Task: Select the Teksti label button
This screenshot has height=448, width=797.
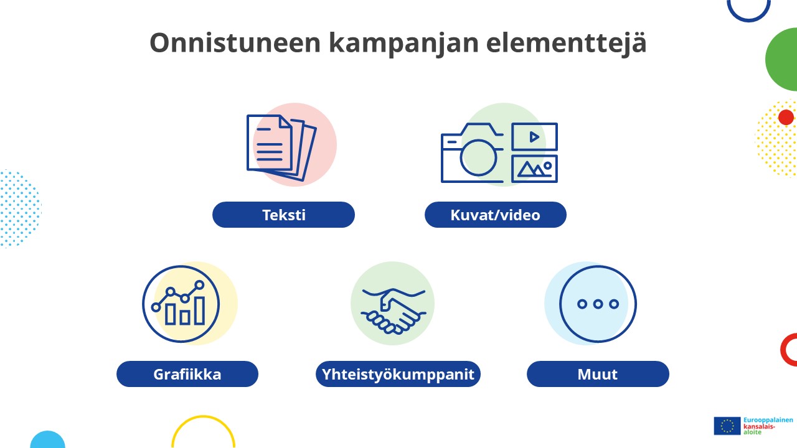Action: pos(283,215)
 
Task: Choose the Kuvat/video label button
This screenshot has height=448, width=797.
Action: pos(496,215)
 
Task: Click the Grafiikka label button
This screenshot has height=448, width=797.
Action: pos(187,375)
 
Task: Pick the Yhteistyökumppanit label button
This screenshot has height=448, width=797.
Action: pos(398,375)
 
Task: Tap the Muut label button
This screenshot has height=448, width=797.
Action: pos(598,375)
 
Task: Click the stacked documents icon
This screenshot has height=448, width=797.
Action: pos(280,147)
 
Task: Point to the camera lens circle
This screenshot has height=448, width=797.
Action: pos(478,157)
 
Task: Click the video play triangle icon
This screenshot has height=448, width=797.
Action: pos(534,137)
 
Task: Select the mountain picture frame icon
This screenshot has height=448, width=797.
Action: pos(534,169)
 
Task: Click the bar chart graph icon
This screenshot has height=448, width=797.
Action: pos(181,304)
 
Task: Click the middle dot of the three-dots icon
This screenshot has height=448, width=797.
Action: pos(598,304)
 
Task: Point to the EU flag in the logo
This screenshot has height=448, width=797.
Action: pos(727,426)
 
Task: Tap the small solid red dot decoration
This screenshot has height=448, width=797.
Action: pos(786,117)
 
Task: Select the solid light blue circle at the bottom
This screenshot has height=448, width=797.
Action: pos(47,441)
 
